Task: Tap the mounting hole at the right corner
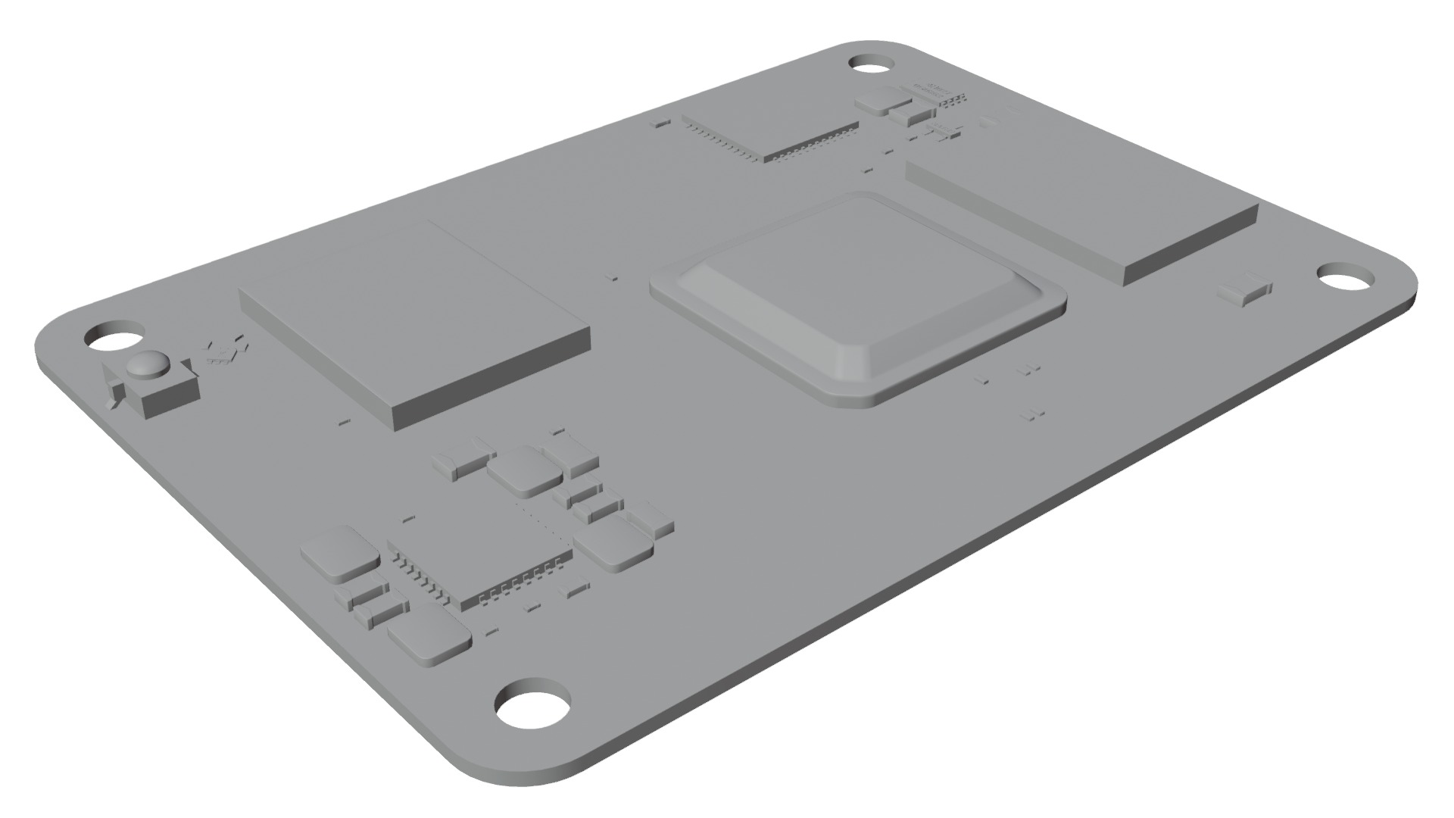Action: point(1346,277)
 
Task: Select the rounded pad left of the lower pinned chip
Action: point(339,553)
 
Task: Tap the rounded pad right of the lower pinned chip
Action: point(613,542)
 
